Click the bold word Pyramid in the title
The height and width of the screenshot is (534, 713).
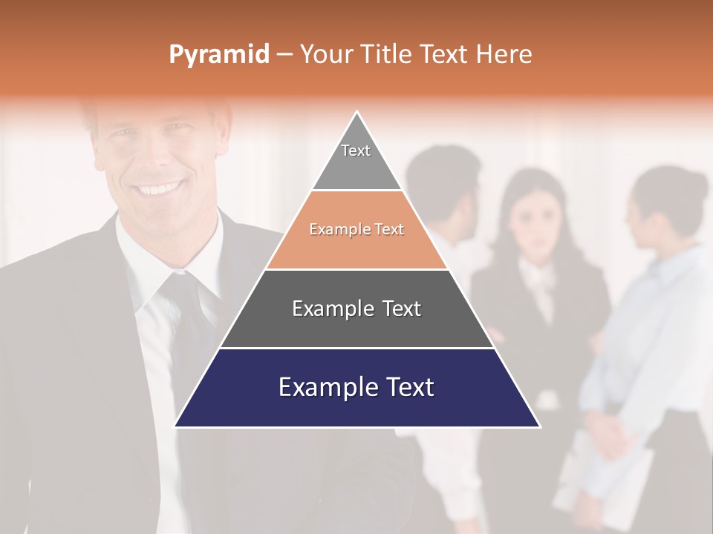(219, 54)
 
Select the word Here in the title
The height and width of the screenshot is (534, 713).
(504, 54)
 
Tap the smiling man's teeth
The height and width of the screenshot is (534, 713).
(158, 188)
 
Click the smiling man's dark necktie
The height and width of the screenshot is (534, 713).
(186, 311)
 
